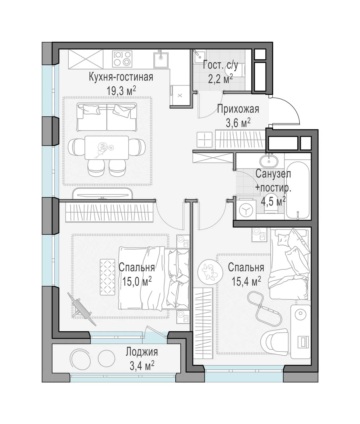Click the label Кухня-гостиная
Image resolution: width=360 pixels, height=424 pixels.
pos(121,77)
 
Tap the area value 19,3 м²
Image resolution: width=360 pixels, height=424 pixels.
pos(121,91)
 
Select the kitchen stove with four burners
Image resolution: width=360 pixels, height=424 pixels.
pos(122,59)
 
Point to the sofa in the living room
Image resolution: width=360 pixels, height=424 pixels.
pos(107,117)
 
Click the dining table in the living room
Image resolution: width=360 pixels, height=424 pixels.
pos(107,147)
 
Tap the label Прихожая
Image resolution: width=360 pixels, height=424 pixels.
pos(238,109)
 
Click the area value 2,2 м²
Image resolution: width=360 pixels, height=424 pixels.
pos(220,79)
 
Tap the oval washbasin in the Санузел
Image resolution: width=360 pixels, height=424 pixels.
pos(269,161)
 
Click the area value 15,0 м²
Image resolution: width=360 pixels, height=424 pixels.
pos(137,281)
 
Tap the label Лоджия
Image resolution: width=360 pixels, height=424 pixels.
pos(142,352)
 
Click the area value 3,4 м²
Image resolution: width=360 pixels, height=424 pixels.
pos(142,366)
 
